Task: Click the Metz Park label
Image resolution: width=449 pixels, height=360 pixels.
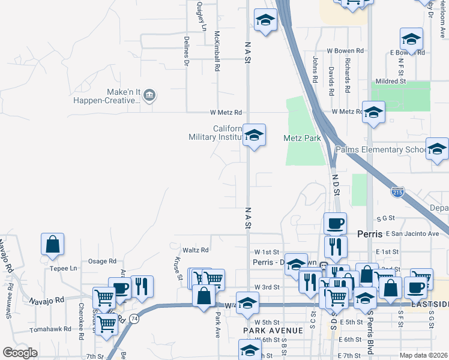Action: (302, 138)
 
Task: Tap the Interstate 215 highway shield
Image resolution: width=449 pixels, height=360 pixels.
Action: (397, 193)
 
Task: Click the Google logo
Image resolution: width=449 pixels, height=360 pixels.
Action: (20, 353)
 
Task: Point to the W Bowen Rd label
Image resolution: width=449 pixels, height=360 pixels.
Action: (345, 52)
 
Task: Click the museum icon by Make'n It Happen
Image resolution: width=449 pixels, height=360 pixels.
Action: (150, 95)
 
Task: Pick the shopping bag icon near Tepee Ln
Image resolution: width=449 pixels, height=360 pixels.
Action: (52, 244)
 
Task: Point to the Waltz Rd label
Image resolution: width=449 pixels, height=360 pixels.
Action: (196, 250)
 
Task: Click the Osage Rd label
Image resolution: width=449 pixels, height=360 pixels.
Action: (102, 261)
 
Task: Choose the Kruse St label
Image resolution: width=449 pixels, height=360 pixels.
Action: (178, 268)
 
